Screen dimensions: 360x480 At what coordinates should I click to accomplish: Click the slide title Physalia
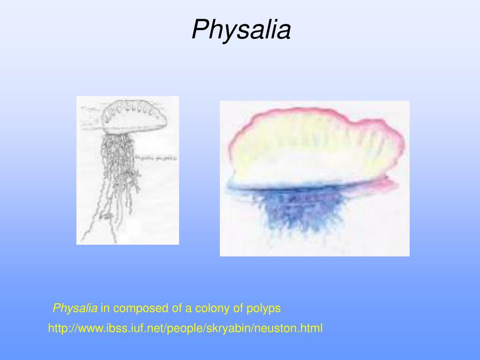(x=241, y=30)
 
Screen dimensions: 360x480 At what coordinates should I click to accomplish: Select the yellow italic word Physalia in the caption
(x=75, y=308)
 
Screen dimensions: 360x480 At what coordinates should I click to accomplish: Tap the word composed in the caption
(x=136, y=308)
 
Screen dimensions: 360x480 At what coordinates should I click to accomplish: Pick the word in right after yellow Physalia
(x=105, y=308)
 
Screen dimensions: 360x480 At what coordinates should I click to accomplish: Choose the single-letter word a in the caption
(x=188, y=308)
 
